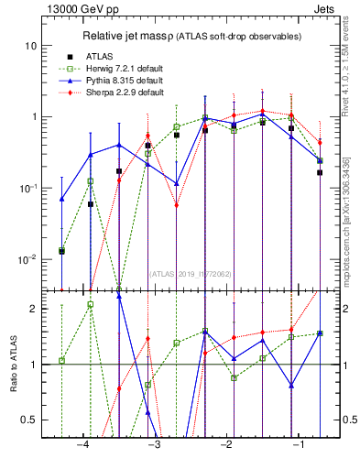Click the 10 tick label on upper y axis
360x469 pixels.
32,46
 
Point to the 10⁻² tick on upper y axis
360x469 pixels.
28,258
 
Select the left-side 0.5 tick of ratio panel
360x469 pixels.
30,420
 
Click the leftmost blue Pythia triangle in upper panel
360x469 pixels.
62,199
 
